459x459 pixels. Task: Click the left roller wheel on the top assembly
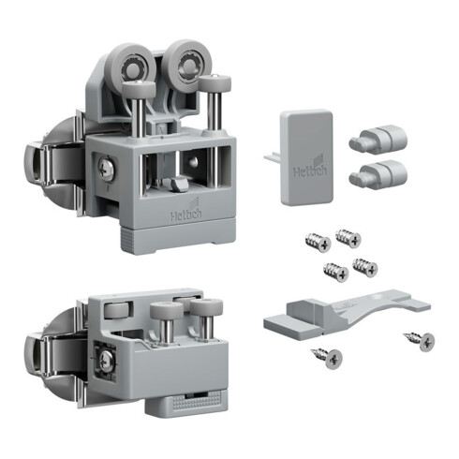point(133,67)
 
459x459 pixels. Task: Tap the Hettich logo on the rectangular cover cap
point(310,168)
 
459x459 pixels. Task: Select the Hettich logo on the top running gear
point(186,211)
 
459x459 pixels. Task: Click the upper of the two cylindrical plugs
point(378,140)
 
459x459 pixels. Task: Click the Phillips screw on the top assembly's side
point(106,170)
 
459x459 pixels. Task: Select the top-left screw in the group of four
point(318,242)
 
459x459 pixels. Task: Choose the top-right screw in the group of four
point(348,238)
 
